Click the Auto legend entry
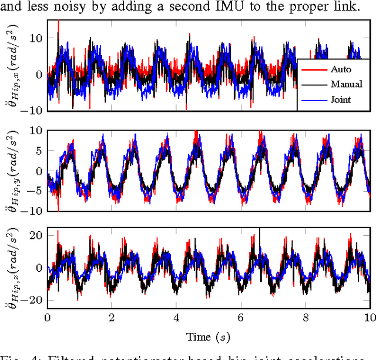[340, 69]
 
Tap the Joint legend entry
[341, 99]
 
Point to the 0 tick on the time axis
[48, 317]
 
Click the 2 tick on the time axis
[112, 317]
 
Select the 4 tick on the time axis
[176, 317]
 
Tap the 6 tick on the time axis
[241, 317]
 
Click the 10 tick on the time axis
[368, 317]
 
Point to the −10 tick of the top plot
[32, 110]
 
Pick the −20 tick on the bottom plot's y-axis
[32, 299]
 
